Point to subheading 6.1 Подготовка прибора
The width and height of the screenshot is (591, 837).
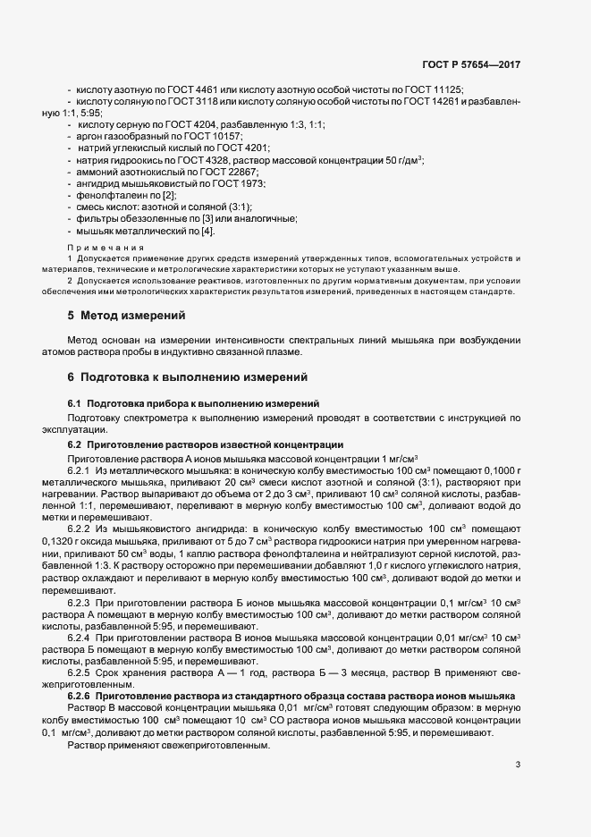(x=188, y=404)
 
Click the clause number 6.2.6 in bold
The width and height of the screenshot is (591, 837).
(x=83, y=695)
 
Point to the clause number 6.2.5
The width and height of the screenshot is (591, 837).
(x=81, y=671)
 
